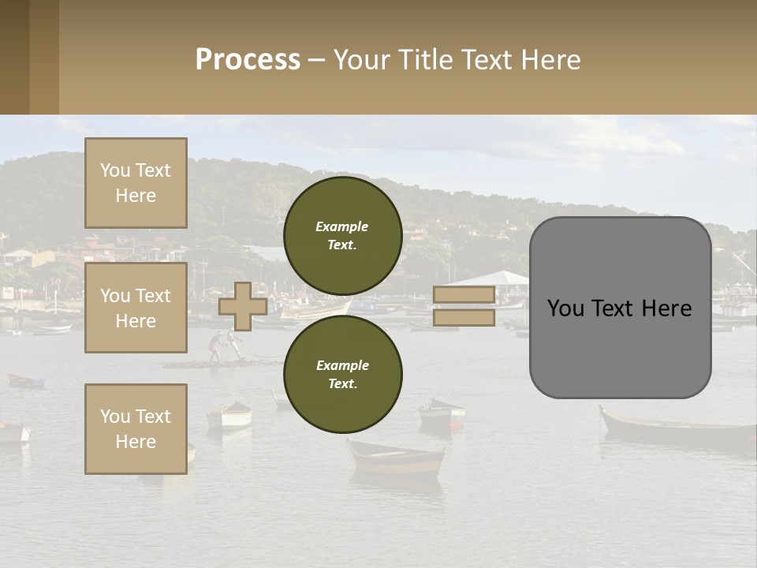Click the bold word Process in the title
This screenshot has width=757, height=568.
point(248,60)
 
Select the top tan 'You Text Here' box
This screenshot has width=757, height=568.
point(136,183)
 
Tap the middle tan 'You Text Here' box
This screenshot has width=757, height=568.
point(136,308)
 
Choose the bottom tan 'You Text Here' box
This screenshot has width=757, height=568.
point(136,429)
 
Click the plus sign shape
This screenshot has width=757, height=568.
point(243,306)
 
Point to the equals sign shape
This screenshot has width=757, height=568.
point(464,306)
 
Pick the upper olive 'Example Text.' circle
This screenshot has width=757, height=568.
point(343,236)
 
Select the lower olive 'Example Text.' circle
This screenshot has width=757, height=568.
point(343,375)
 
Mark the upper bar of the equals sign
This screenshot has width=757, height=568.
point(464,295)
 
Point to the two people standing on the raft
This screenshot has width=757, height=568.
point(224,346)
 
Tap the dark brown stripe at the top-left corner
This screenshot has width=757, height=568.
point(14,57)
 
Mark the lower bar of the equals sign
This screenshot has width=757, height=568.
point(464,318)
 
